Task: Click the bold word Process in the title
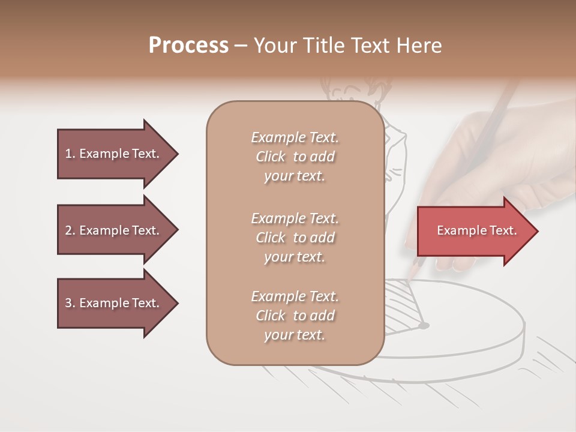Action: coord(188,46)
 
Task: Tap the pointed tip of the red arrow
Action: coord(536,230)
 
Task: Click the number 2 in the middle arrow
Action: coord(68,230)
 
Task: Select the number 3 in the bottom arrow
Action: coord(68,303)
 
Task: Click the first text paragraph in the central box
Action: coord(295,157)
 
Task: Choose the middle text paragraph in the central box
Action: coord(295,237)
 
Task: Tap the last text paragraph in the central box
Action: coord(295,316)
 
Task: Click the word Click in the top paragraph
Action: coord(271,157)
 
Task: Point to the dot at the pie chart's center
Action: coord(424,326)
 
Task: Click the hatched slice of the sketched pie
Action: coord(402,306)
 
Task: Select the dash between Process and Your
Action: coord(241,46)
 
